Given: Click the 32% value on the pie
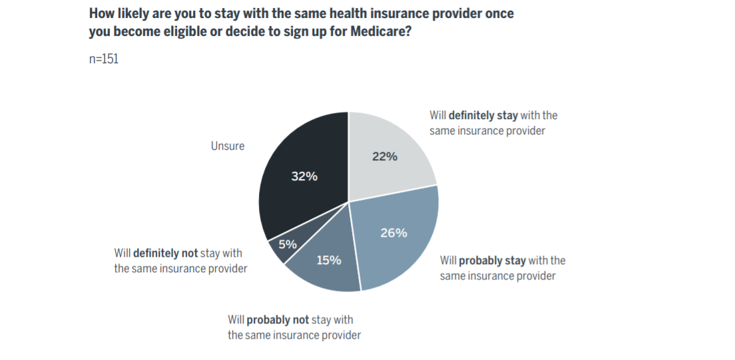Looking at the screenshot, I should (x=304, y=177).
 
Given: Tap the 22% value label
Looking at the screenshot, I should (x=384, y=157).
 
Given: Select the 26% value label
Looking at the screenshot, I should (x=393, y=233).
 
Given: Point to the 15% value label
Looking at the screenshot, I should (x=328, y=260).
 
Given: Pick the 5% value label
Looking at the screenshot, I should (x=288, y=244).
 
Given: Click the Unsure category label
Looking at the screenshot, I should (x=228, y=146).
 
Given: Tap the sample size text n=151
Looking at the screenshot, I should (x=104, y=59).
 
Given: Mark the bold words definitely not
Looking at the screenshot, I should (x=165, y=254).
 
